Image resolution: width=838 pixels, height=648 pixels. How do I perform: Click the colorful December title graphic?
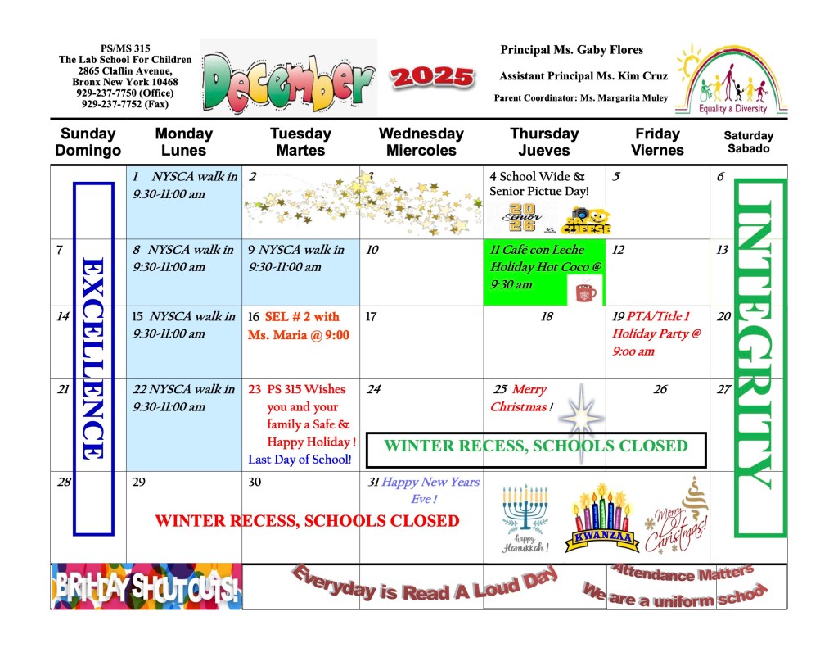point(286,79)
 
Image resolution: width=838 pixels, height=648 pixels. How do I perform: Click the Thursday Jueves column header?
point(543,142)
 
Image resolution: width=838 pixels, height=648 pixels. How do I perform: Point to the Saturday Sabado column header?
point(748,142)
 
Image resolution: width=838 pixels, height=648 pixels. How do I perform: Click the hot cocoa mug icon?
point(586,292)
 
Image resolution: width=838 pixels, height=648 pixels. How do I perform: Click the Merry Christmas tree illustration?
point(680,516)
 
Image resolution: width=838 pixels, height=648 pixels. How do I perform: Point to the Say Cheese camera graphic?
point(586,220)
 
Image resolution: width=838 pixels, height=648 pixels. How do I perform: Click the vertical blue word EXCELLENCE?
point(92,358)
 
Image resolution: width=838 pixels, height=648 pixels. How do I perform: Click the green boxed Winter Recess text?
point(535,446)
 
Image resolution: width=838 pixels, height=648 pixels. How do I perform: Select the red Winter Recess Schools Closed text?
point(307,521)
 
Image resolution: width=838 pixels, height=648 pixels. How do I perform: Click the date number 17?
point(371,316)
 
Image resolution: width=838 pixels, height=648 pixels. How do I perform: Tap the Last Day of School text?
point(300,460)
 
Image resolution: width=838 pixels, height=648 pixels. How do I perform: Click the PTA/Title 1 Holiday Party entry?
point(657,334)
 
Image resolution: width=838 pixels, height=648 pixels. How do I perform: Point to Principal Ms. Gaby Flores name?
point(572,50)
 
